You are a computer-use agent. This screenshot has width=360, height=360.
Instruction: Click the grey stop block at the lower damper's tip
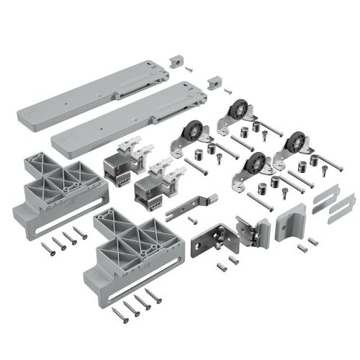coord(212,81)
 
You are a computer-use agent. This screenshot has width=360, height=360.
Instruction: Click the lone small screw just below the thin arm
coord(192,219)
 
